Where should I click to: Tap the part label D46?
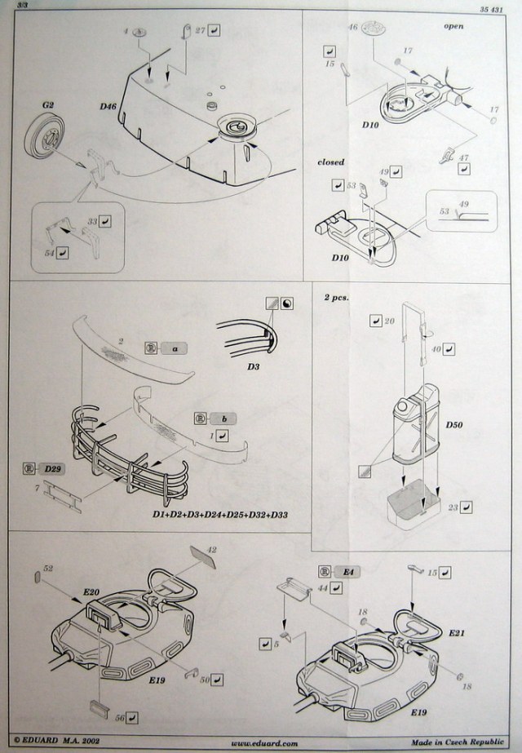tap(109, 107)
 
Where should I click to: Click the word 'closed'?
tap(331, 162)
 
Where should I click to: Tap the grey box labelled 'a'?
tap(174, 348)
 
